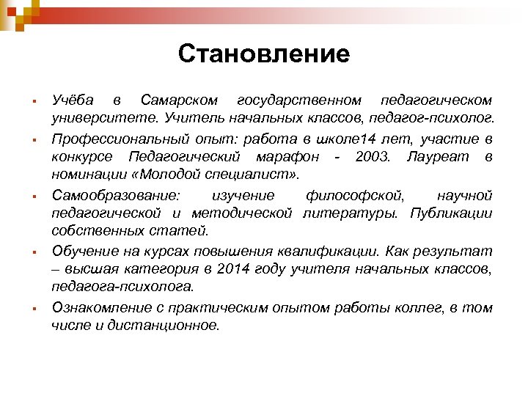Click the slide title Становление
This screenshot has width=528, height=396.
tap(264, 54)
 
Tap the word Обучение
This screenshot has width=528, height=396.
tap(81, 252)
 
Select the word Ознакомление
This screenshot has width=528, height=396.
tap(95, 309)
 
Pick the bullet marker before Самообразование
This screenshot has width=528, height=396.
tap(25, 196)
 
